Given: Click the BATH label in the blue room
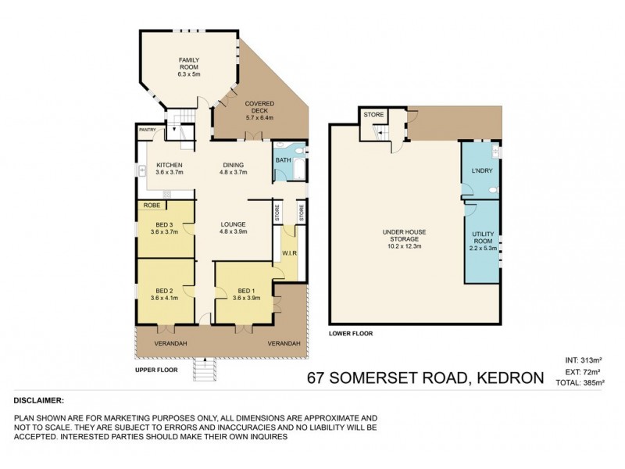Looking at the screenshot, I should click(x=283, y=160).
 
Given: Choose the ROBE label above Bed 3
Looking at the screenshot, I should click(x=151, y=206).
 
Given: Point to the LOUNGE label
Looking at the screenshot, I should click(x=234, y=227).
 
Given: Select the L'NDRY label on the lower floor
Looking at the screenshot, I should click(x=480, y=170).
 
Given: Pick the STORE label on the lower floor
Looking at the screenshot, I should click(x=374, y=115).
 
